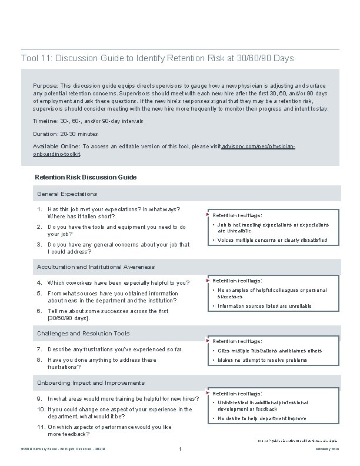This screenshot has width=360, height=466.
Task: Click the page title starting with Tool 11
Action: [x=157, y=59]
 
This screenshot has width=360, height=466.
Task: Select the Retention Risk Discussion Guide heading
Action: [x=86, y=177]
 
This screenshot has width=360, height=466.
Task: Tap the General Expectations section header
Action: [x=67, y=194]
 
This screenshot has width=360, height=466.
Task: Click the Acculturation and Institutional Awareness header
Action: [x=96, y=267]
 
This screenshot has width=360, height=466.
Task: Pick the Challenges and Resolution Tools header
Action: [x=83, y=334]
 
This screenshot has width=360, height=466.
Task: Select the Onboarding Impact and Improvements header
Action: [x=91, y=382]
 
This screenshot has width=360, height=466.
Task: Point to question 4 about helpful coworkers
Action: [x=118, y=282]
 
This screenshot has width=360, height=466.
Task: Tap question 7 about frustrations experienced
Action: [x=115, y=349]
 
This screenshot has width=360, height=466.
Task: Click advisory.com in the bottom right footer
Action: [x=327, y=450]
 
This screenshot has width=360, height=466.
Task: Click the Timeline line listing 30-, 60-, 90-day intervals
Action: [x=88, y=121]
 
